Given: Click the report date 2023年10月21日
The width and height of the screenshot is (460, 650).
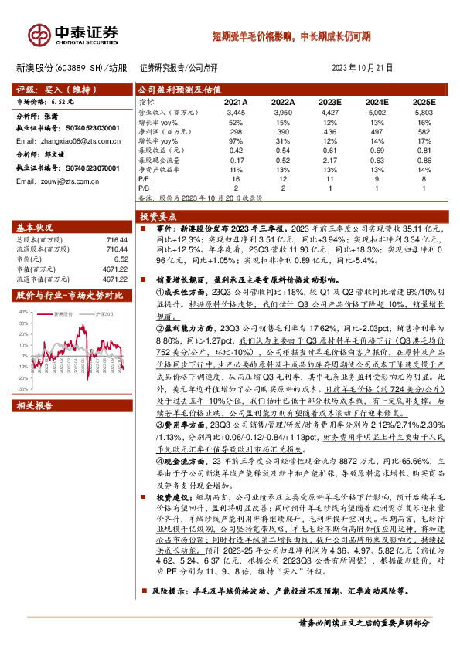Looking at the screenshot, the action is pos(363,68).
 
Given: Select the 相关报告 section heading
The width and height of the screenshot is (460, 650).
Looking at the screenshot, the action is pos(35,405).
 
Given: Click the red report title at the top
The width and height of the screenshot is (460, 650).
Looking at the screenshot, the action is pos(291,36).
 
